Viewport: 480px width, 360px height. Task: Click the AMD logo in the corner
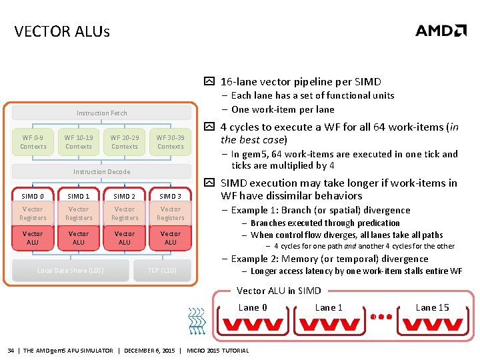point(441,31)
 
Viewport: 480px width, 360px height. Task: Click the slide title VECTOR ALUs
point(61,31)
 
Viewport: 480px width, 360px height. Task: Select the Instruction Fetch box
point(101,113)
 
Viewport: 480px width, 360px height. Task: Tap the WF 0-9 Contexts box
point(33,142)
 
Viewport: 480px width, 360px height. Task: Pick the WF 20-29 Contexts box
point(125,142)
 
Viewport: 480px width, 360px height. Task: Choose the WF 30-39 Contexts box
point(170,142)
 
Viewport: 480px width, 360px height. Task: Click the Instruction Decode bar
point(101,171)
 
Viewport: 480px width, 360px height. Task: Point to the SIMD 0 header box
point(33,196)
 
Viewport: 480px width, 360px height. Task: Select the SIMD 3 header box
point(170,196)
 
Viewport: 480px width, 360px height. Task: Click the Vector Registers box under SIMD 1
point(79,213)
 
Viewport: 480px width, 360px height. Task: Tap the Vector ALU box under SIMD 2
point(125,238)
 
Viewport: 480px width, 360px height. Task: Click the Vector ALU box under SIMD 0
point(33,238)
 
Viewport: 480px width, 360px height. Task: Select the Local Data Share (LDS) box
point(71,270)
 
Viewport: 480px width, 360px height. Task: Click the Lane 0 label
point(253,307)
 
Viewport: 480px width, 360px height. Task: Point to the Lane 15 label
point(432,307)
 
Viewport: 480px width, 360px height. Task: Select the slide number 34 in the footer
point(11,351)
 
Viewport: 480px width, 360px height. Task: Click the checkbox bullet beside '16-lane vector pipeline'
point(209,82)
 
